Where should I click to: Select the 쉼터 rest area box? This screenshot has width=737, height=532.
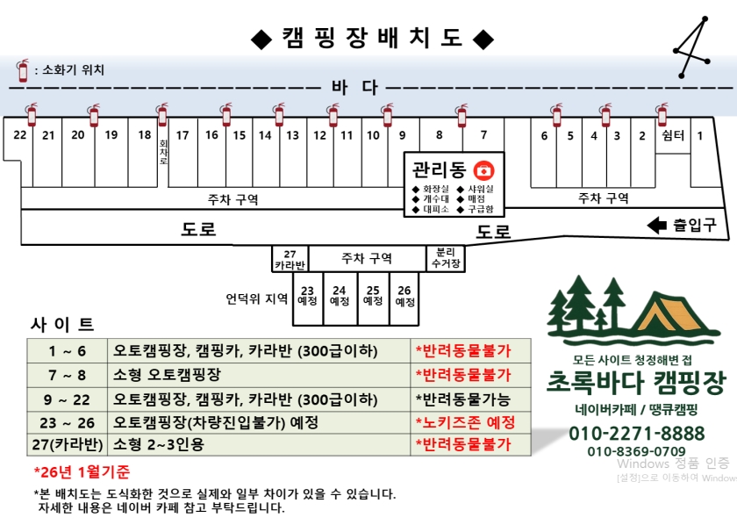pyautogui.click(x=673, y=135)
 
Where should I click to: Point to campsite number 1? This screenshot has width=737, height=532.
pyautogui.click(x=700, y=135)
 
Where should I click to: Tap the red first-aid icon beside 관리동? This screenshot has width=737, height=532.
pyautogui.click(x=482, y=169)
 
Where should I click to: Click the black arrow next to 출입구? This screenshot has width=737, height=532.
pyautogui.click(x=656, y=226)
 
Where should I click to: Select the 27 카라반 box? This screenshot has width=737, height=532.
pyautogui.click(x=290, y=259)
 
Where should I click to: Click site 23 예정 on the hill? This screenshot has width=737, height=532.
pyautogui.click(x=307, y=296)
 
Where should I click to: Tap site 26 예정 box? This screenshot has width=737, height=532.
pyautogui.click(x=404, y=296)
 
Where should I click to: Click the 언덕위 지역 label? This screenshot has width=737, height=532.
pyautogui.click(x=256, y=298)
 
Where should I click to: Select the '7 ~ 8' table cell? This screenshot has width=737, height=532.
pyautogui.click(x=67, y=375)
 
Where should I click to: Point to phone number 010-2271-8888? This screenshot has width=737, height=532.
pyautogui.click(x=636, y=433)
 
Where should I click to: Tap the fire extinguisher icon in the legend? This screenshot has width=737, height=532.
pyautogui.click(x=23, y=70)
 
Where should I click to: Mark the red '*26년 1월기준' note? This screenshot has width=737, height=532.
pyautogui.click(x=82, y=471)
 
